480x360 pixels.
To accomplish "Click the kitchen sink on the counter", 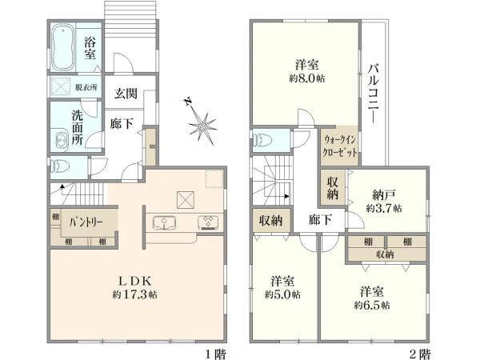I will [164, 222].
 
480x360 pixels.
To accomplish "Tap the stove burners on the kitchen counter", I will [208, 221].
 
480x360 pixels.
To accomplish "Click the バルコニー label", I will [373, 92].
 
